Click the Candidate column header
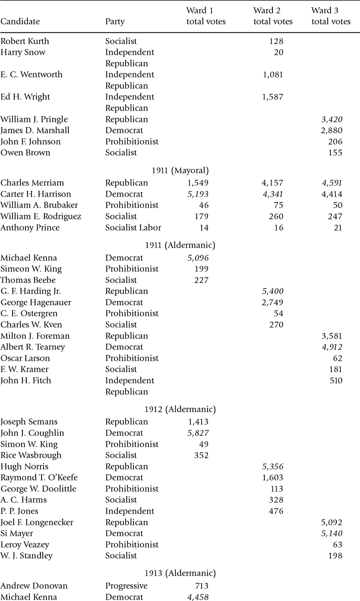click(x=20, y=22)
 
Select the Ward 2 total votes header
click(x=273, y=16)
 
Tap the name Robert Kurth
click(x=25, y=41)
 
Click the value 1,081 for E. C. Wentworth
click(x=273, y=75)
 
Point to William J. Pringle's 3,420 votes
click(x=332, y=119)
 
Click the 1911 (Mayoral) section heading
click(x=180, y=170)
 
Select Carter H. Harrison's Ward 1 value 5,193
click(x=198, y=194)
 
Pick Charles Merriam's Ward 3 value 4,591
click(x=332, y=183)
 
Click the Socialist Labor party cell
click(x=133, y=228)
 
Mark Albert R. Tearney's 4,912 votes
click(x=332, y=347)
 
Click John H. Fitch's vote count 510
click(x=336, y=381)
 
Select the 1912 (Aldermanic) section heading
click(x=180, y=409)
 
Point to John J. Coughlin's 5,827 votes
click(x=198, y=433)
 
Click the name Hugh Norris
click(x=24, y=467)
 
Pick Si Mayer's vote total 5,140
click(x=332, y=533)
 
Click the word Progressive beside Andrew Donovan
click(x=126, y=586)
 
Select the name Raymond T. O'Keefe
click(x=39, y=478)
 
